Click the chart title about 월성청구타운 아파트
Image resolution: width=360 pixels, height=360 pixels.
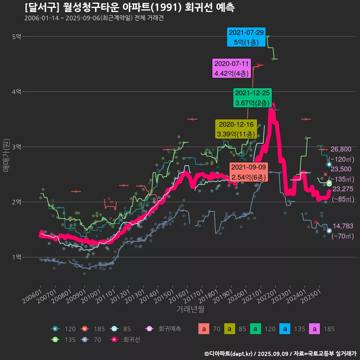[130, 7]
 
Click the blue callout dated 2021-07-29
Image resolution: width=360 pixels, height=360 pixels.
[246, 37]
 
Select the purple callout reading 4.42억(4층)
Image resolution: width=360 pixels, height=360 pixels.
[231, 68]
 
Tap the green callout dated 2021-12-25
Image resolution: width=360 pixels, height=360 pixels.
[252, 97]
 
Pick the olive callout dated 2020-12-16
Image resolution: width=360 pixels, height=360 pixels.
[236, 129]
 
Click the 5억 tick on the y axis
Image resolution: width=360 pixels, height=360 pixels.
[16, 36]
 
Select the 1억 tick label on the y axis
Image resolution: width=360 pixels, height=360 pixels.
[16, 257]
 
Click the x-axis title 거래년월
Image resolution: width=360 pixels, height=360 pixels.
[190, 309]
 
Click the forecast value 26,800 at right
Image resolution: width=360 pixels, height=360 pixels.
[340, 149]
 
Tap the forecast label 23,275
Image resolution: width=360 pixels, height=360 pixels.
[343, 189]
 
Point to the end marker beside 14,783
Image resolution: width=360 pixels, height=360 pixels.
[329, 231]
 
